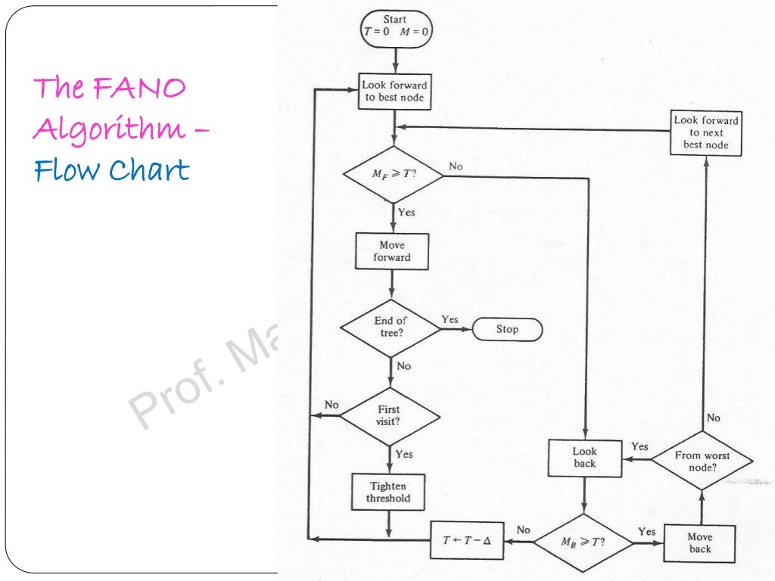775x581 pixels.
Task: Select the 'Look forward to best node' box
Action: pos(394,92)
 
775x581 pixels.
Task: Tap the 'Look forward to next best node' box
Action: pos(706,132)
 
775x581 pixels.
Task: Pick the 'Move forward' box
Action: pos(392,251)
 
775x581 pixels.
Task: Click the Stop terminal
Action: pos(507,329)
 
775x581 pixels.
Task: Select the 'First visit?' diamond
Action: pos(389,416)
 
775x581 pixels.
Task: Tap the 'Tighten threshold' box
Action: pos(388,492)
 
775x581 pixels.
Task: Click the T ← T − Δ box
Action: pos(467,541)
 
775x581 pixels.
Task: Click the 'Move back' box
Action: pos(700,543)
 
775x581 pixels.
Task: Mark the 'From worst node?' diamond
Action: pos(702,461)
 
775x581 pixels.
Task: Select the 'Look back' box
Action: pos(584,458)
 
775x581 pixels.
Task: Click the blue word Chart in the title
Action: pos(150,170)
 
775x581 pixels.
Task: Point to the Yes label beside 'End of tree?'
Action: pos(450,319)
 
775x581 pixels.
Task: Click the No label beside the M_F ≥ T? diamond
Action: pos(456,166)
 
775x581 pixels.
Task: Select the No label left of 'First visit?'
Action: pos(331,405)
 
